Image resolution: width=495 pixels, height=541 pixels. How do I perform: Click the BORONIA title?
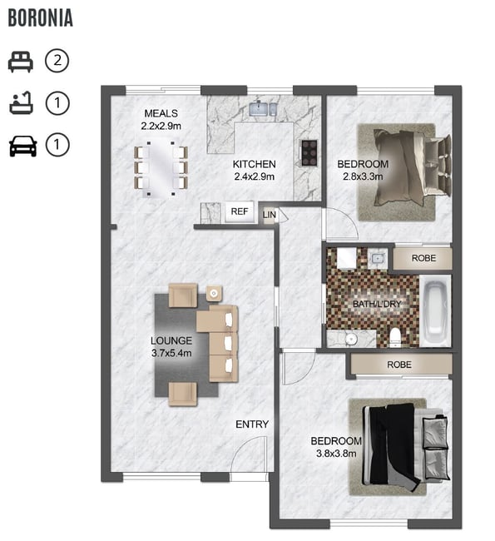[x=41, y=18]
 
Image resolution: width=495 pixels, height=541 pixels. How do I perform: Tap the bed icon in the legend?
[x=21, y=62]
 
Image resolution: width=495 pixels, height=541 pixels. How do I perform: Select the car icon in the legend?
[x=22, y=146]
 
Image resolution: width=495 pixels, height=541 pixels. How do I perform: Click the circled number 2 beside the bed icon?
[x=57, y=61]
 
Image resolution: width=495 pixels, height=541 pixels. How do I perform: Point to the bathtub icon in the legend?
[x=21, y=103]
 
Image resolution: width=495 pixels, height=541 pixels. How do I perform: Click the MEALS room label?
[x=161, y=113]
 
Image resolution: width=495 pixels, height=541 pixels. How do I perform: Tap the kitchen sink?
[x=259, y=109]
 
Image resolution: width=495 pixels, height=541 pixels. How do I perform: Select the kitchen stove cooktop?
[x=309, y=153]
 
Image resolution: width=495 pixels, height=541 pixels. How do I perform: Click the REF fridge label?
[x=240, y=211]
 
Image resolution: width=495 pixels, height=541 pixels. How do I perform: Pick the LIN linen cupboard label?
[x=269, y=215]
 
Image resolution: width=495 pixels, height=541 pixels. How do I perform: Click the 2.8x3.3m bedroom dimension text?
[x=363, y=176]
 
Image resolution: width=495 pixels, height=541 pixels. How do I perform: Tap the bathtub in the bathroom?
[x=436, y=311]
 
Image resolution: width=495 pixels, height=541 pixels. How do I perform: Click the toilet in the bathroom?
[x=394, y=337]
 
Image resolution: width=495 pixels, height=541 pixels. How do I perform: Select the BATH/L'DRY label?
[x=377, y=304]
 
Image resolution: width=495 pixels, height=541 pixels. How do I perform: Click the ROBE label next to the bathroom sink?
[x=423, y=258]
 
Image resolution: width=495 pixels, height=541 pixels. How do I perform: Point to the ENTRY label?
[x=252, y=424]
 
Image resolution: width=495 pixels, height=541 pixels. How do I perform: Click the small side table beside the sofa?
[x=214, y=294]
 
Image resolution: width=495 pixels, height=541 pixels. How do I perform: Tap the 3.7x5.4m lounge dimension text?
[x=171, y=353]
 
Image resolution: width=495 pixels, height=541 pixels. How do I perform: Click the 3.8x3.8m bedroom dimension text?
[x=336, y=454]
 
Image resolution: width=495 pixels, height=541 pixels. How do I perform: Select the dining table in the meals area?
[x=161, y=168]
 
